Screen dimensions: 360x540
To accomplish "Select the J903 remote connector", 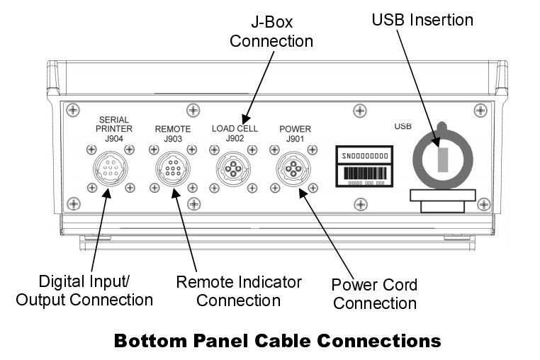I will coord(173,171).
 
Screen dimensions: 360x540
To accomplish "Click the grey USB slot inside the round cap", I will coord(442,159).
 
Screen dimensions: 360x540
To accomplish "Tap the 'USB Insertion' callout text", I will coord(422,20).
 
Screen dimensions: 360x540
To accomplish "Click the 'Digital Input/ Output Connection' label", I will coord(84,291).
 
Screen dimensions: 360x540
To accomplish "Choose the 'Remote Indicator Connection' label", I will coord(238,291).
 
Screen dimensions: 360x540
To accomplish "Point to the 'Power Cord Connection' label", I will coord(374,294).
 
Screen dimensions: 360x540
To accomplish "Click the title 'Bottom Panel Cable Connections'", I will coord(277,341).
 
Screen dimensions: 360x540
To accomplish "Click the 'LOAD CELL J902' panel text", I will coord(235,133).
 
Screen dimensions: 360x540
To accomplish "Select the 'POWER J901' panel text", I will coord(295,133).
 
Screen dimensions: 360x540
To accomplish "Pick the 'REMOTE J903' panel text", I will coord(173,133).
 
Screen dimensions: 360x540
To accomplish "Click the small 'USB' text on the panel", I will coord(403,127).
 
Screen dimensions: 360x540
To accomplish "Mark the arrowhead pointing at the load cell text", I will coord(245,120).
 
